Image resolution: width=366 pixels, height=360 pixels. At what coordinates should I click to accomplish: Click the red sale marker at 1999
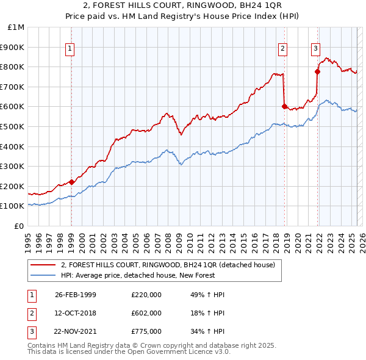(71, 181)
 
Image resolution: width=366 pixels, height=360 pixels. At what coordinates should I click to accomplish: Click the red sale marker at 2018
(284, 106)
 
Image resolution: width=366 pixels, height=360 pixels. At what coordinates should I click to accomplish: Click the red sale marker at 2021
(317, 71)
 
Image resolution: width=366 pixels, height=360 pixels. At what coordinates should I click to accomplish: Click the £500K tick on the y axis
(13, 126)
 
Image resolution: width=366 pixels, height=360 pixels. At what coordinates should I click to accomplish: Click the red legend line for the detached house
(43, 265)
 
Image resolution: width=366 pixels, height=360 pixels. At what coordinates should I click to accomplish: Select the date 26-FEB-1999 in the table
(76, 295)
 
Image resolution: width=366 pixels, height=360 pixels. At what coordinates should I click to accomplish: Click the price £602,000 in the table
(146, 313)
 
